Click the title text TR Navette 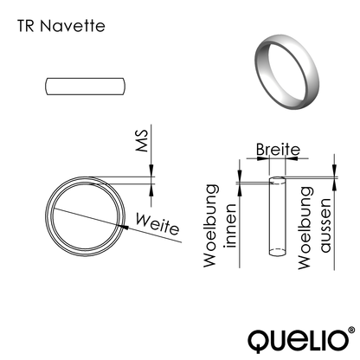60,26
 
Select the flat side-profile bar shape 86,87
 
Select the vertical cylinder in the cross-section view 277,216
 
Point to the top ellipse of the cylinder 277,180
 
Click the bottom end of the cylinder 277,253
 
